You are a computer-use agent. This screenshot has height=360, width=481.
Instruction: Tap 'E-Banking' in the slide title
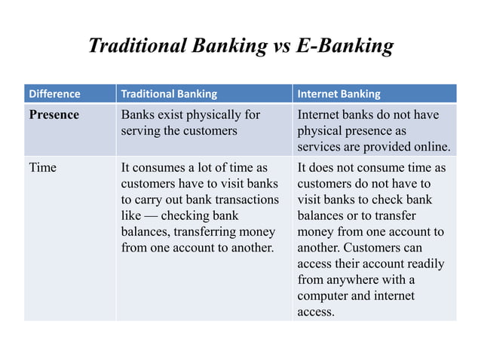point(344,47)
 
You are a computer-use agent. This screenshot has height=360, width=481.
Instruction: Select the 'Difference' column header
point(54,94)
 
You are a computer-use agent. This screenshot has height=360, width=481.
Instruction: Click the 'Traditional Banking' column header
point(169,94)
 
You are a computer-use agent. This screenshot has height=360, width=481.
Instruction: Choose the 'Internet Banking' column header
point(339,94)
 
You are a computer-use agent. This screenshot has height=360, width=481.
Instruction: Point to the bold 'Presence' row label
point(54,115)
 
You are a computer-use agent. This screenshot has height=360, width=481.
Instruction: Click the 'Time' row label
point(42,167)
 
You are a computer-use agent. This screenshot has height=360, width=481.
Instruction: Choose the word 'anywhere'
point(353,280)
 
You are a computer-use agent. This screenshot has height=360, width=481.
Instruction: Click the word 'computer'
point(324,296)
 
